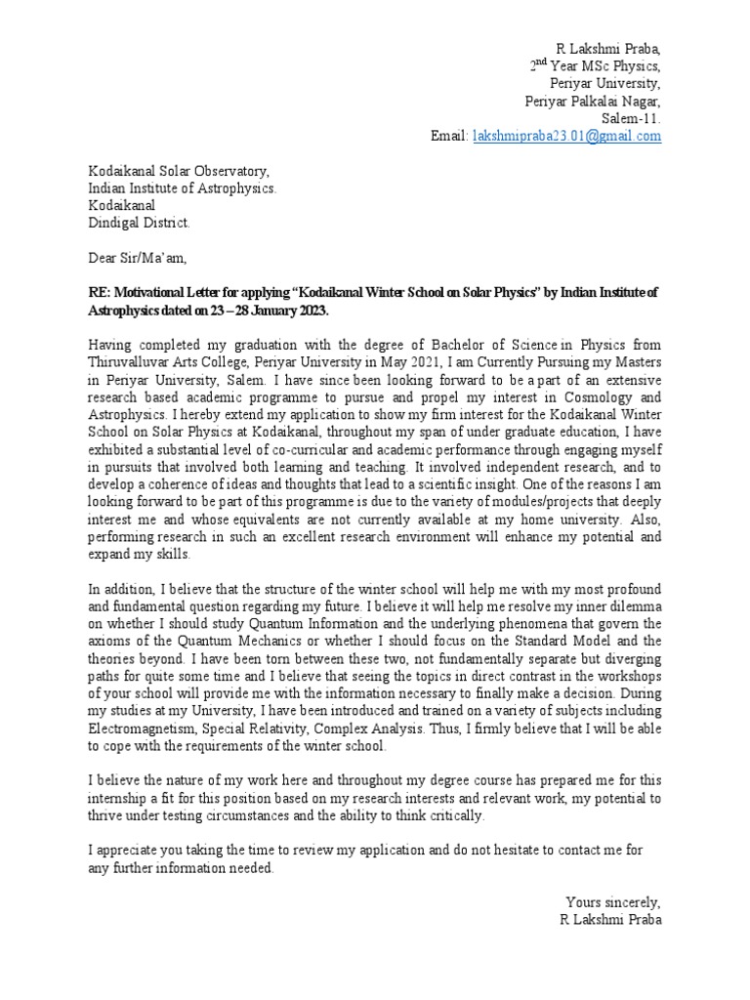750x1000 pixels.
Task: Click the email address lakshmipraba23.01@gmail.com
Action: point(566,137)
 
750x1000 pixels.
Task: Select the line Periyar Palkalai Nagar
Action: point(593,101)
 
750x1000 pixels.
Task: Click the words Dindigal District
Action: point(140,224)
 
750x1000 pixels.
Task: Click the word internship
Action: point(123,799)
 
